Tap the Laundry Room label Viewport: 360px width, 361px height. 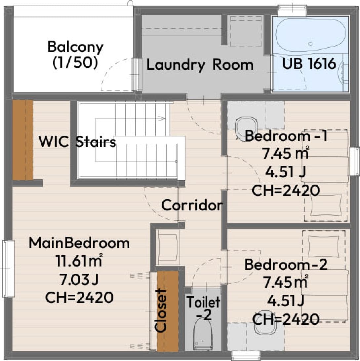pyautogui.click(x=200, y=65)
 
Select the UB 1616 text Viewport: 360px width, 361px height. pyautogui.click(x=309, y=63)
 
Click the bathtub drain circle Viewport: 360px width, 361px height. pyautogui.click(x=310, y=44)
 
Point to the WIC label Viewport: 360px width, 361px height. pyautogui.click(x=54, y=141)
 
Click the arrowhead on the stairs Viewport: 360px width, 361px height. pyautogui.click(x=162, y=119)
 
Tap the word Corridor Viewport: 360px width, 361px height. pyautogui.click(x=192, y=205)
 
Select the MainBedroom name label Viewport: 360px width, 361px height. pyautogui.click(x=79, y=243)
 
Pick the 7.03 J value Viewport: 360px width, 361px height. pyautogui.click(x=79, y=279)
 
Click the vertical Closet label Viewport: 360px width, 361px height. pyautogui.click(x=161, y=310)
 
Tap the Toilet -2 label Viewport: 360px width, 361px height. pyautogui.click(x=203, y=308)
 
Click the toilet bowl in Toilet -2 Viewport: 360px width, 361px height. pyautogui.click(x=203, y=335)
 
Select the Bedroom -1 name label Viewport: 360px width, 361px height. pyautogui.click(x=286, y=136)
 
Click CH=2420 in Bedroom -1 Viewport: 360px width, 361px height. pyautogui.click(x=286, y=190)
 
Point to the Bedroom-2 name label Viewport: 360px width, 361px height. pyautogui.click(x=286, y=265)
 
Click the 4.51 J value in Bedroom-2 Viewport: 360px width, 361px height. pyautogui.click(x=286, y=301)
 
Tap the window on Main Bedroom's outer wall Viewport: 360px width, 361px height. pyautogui.click(x=9, y=269)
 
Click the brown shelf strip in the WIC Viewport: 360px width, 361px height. pyautogui.click(x=23, y=140)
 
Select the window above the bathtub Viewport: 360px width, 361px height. pyautogui.click(x=293, y=11)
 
